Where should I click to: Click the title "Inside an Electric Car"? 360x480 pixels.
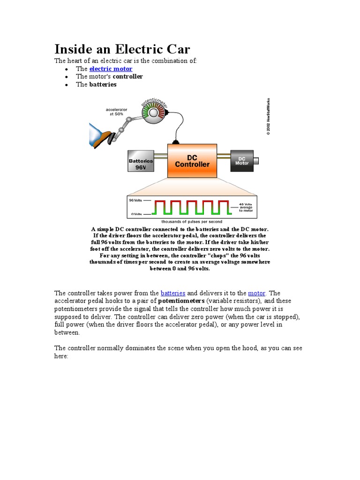pos(122,49)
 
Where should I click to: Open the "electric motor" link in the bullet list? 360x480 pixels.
pos(111,69)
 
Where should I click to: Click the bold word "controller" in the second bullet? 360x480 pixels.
pos(128,76)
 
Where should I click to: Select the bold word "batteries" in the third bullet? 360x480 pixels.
pos(103,84)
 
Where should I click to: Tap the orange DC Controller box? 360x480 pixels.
pos(192,161)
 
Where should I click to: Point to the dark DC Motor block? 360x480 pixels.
pos(241,160)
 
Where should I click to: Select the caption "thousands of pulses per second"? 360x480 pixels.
pos(192,221)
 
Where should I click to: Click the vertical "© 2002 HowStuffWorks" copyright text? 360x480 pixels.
pos(268,116)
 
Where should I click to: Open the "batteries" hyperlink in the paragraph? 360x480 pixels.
pos(172,293)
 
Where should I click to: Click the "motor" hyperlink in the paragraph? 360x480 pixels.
pos(257,293)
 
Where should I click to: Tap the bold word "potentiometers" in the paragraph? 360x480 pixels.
pos(181,301)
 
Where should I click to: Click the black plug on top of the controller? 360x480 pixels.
pos(175,142)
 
